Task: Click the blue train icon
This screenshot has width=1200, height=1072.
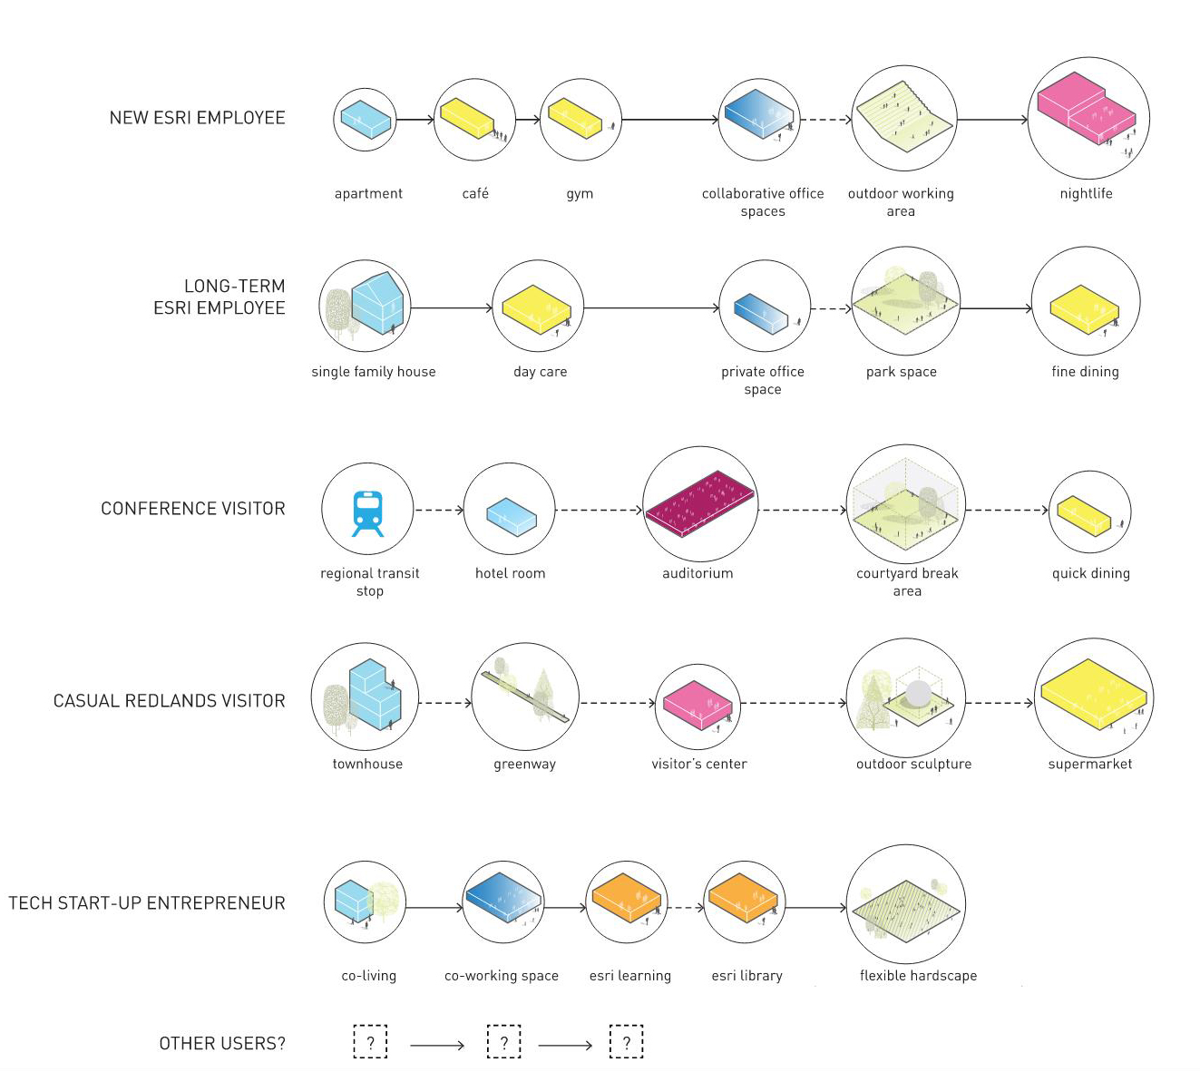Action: click(367, 512)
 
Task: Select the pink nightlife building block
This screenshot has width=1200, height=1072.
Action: click(1083, 107)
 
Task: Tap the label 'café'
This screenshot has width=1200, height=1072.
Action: click(475, 193)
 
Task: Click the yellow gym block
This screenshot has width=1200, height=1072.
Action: click(575, 119)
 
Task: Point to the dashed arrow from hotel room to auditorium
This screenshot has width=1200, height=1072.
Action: click(599, 510)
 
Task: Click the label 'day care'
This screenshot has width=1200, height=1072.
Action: click(540, 372)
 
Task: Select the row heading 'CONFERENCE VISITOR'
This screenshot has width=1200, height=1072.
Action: click(193, 509)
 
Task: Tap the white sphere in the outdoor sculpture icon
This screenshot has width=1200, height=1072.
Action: click(918, 693)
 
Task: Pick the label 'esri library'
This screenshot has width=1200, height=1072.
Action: click(746, 976)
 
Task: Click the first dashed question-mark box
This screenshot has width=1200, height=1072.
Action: click(370, 1042)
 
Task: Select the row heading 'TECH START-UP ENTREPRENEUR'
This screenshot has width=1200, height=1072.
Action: click(147, 903)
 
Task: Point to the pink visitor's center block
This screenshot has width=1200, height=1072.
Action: click(698, 704)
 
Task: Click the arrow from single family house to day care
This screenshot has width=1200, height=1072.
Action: click(451, 308)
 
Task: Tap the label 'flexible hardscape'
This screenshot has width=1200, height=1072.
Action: click(918, 976)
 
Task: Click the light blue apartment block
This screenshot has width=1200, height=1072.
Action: click(366, 119)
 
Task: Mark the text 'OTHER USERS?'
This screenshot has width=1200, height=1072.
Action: click(222, 1044)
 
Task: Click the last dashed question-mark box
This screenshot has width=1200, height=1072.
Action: click(626, 1042)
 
